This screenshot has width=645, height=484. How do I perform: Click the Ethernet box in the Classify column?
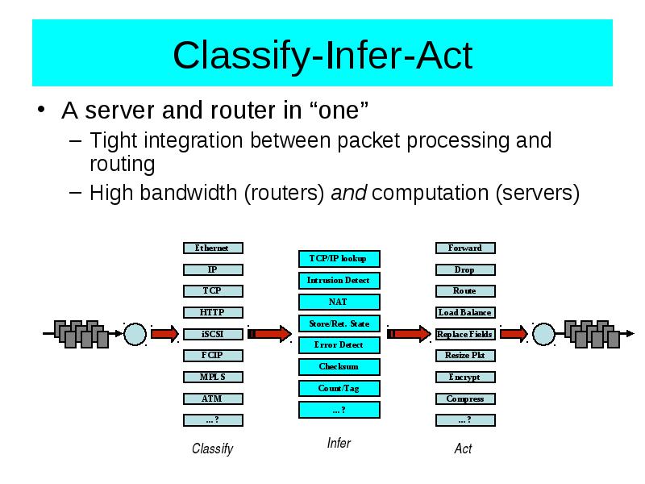(x=213, y=248)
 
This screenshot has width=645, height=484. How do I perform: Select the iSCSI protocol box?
(x=213, y=334)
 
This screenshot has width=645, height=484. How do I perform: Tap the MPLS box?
(x=213, y=377)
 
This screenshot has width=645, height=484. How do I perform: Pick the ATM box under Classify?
(x=213, y=398)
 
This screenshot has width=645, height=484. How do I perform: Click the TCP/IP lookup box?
(x=339, y=259)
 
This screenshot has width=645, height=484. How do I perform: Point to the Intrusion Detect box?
(x=339, y=281)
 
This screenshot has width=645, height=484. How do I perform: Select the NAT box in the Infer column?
(x=339, y=302)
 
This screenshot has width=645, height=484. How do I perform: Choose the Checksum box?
(x=339, y=367)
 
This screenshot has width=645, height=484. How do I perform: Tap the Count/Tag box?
(x=339, y=388)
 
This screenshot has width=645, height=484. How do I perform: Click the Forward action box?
(x=465, y=248)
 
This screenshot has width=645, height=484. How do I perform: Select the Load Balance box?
(x=465, y=312)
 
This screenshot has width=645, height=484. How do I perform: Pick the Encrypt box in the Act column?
(x=465, y=377)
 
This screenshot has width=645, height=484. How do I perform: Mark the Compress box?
(x=465, y=398)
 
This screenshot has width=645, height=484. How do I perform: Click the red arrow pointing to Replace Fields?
(x=410, y=333)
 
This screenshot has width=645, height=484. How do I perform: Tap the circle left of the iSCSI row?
(x=135, y=334)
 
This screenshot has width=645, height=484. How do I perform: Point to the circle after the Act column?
(x=543, y=334)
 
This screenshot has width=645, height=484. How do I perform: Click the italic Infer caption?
(x=339, y=443)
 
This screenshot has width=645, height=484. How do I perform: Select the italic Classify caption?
(x=213, y=449)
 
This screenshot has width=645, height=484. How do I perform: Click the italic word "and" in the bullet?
(x=349, y=193)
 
